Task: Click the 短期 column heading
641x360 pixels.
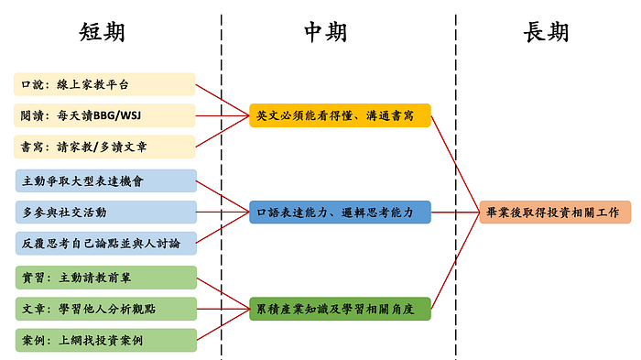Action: point(102,32)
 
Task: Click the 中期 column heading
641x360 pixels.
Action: point(325,32)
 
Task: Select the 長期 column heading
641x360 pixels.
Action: point(546,32)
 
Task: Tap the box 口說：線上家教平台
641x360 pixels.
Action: point(104,84)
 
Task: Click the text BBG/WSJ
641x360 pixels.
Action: point(117,115)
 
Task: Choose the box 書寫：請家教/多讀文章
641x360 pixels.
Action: point(104,147)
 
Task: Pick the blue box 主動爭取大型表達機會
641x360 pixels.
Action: point(106,180)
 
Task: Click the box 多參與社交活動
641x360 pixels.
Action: point(106,212)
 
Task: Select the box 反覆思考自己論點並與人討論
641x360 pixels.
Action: point(106,244)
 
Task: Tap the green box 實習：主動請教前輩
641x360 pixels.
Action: point(106,278)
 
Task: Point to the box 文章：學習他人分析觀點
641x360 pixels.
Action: point(106,309)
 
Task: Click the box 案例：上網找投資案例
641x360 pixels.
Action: point(106,340)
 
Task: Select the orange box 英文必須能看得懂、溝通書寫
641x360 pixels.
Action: point(340,115)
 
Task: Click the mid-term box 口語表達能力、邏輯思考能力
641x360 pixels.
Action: point(340,212)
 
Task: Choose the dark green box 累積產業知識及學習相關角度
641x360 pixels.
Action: point(340,309)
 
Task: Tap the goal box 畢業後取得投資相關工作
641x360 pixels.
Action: point(555,212)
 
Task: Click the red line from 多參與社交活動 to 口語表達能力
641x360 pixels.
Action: point(223,212)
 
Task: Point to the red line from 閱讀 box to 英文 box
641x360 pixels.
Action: point(223,115)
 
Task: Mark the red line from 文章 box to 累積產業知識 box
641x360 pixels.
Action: point(223,309)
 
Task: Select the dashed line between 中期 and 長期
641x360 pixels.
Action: point(456,187)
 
